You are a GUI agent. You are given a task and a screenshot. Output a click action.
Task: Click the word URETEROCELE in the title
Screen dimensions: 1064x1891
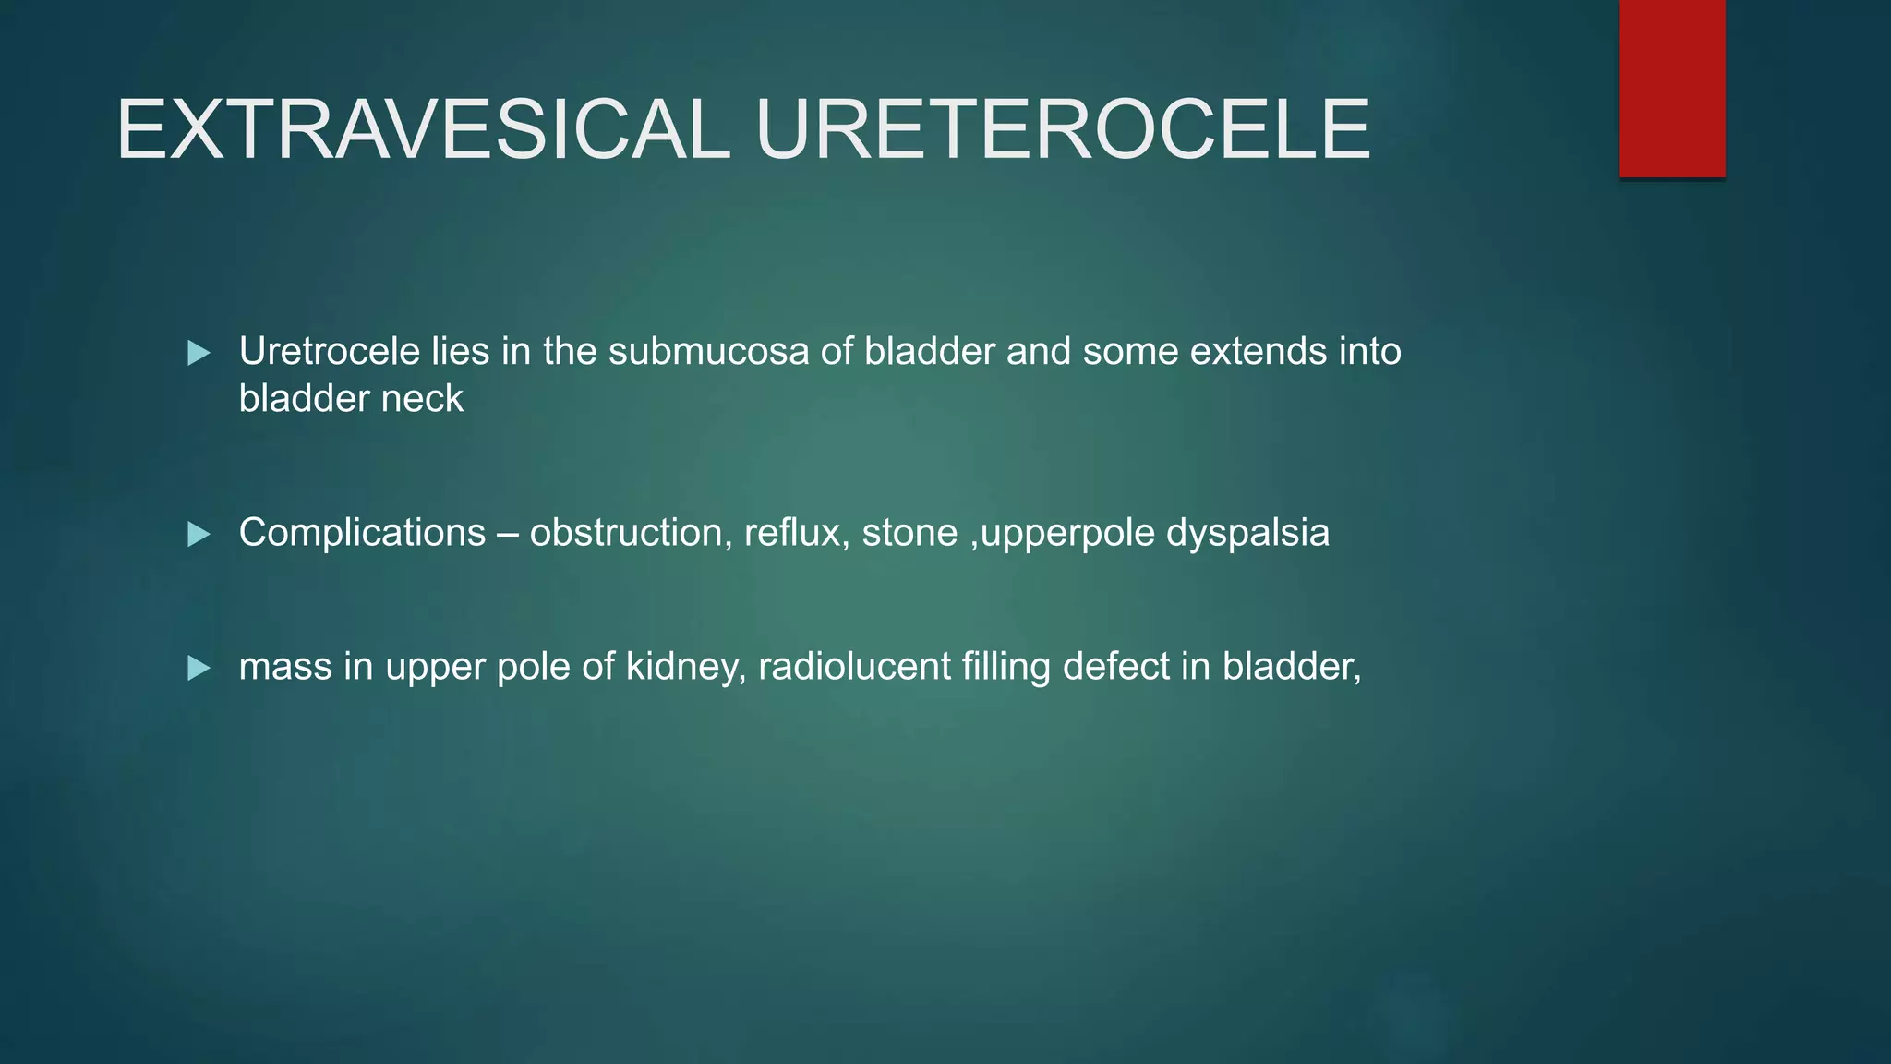coord(1063,130)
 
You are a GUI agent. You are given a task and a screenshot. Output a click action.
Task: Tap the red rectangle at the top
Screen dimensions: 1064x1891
coord(1671,88)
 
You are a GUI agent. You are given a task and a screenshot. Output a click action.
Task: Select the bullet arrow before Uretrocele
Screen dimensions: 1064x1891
coord(199,353)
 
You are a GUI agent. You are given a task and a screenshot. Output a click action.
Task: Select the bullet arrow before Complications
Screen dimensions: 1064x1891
coord(199,534)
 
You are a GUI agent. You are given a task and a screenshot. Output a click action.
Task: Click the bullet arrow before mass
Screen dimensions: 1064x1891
coord(199,668)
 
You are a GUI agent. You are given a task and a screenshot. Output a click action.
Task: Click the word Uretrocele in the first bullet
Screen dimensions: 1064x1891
coord(329,352)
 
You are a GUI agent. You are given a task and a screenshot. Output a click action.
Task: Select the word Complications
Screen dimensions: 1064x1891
coord(362,534)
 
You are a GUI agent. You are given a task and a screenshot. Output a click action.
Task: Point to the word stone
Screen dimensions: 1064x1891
coord(909,534)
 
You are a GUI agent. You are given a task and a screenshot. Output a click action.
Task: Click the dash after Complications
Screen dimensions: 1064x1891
coord(507,534)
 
